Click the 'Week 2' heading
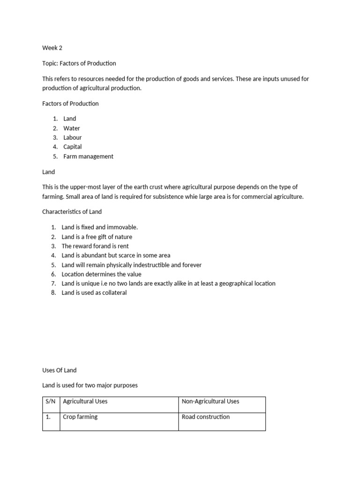(52, 48)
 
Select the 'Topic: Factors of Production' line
(79, 63)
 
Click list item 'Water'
(72, 128)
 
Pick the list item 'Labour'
(72, 137)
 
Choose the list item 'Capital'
(72, 147)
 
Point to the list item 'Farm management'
(88, 156)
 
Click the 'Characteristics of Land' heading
(72, 211)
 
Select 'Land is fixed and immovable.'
(99, 227)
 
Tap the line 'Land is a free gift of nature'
(97, 237)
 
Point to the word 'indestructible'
(150, 265)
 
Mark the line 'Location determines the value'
(101, 274)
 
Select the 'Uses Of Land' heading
(59, 370)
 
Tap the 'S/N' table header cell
(51, 402)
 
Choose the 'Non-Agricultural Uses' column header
(210, 402)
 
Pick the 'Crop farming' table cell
(80, 417)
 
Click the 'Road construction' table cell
(206, 417)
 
